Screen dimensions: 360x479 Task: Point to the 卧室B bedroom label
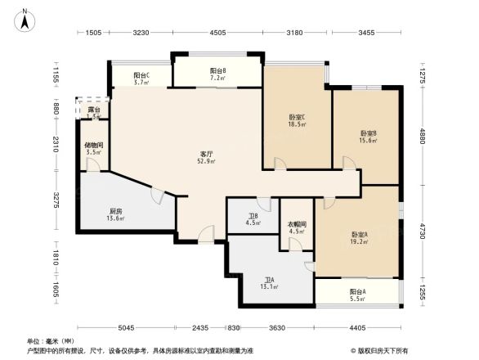point(368,133)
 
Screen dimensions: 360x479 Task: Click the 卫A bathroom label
point(269,279)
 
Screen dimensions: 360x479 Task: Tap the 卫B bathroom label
point(253,216)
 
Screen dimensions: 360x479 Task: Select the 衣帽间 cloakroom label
point(297,224)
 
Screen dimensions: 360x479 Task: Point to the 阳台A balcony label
point(357,292)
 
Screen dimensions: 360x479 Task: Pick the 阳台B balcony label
point(217,71)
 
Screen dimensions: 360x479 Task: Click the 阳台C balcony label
point(141,74)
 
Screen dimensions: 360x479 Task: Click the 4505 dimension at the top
point(217,33)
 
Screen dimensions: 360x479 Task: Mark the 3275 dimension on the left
point(56,200)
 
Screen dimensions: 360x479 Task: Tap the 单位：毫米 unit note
point(51,340)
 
